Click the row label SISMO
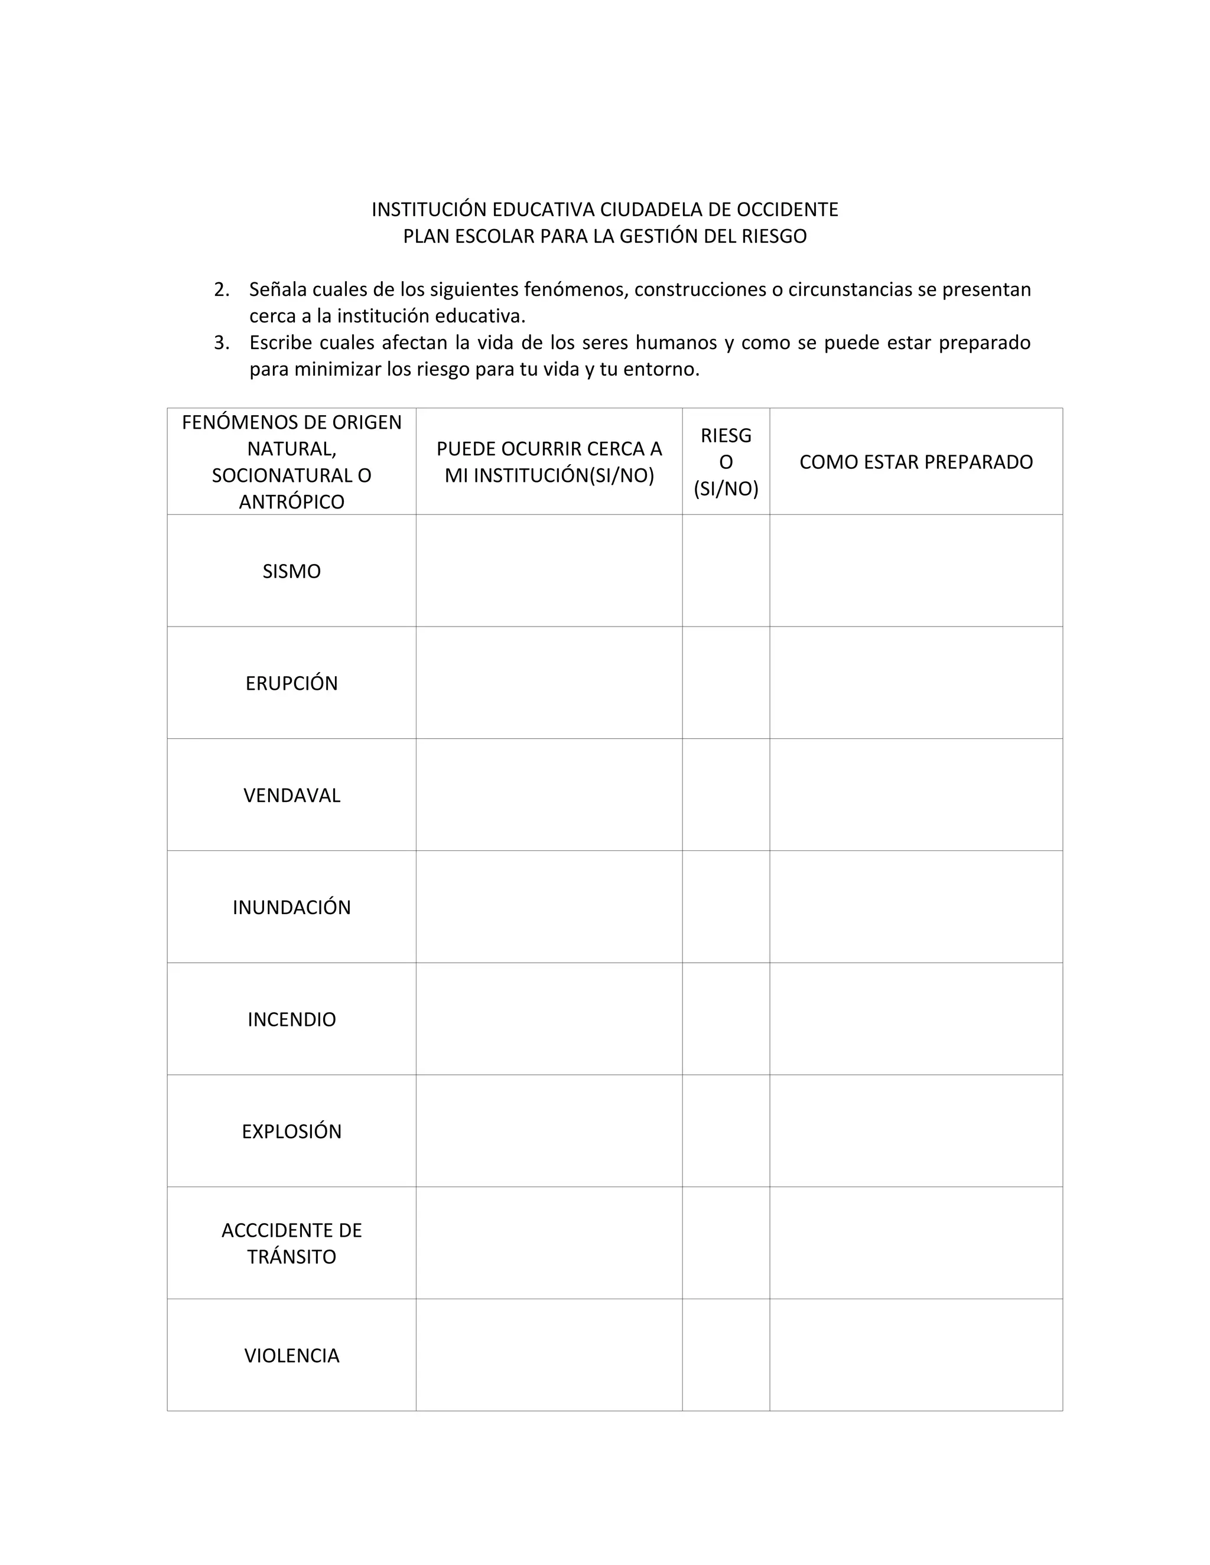point(291,571)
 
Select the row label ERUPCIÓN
point(291,683)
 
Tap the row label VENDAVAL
point(291,795)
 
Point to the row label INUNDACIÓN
point(291,907)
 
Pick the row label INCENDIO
point(291,1019)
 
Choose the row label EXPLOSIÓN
point(291,1132)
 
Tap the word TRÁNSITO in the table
point(291,1257)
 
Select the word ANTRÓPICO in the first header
point(291,501)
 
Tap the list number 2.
point(222,289)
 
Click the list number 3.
point(222,343)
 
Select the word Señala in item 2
point(278,289)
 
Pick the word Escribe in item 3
point(278,343)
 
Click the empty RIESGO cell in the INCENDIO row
point(726,1019)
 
